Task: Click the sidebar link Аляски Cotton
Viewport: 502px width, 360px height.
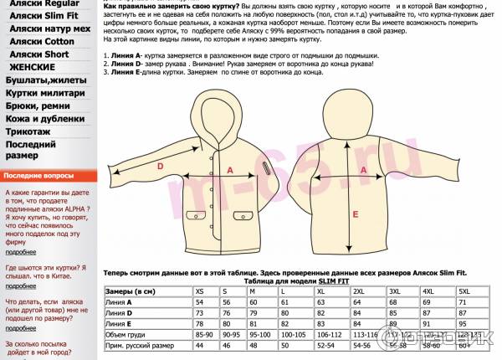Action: coord(42,41)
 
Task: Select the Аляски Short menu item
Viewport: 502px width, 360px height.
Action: coord(39,54)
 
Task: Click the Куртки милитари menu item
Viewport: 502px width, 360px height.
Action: coord(45,93)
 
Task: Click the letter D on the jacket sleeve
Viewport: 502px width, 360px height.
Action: coord(161,166)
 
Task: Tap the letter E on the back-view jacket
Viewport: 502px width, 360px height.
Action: coord(355,214)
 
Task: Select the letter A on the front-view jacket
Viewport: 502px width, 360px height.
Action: coord(229,169)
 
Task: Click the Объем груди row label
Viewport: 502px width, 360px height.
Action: coord(126,334)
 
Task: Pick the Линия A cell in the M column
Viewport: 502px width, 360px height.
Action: coord(257,301)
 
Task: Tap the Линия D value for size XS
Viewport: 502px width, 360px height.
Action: coord(201,312)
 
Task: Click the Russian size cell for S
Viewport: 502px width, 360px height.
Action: coord(226,345)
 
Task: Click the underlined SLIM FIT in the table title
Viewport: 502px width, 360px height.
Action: coord(337,281)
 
